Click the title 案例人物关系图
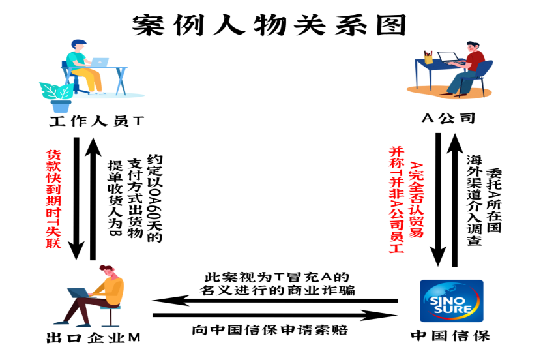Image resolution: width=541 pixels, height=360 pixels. tap(269, 25)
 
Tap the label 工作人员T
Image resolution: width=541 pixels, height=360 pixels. tap(96, 121)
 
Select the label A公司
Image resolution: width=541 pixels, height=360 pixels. tap(448, 119)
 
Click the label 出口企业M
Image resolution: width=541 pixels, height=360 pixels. tap(93, 337)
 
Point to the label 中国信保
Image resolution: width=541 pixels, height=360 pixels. tap(450, 335)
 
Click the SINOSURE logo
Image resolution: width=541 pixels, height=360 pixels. tap(451, 301)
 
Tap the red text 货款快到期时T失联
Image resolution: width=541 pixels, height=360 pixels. tap(53, 199)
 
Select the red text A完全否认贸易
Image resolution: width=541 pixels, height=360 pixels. tap(416, 200)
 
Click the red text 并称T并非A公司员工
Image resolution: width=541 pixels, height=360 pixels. tap(396, 200)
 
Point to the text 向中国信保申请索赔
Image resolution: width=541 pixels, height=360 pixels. tap(270, 330)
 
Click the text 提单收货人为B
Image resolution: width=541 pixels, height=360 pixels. tap(115, 198)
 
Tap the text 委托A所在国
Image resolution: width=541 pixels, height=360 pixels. tap(493, 200)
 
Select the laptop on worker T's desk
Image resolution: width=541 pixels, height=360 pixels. tap(99, 62)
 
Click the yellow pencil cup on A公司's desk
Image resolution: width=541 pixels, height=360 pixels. tap(428, 57)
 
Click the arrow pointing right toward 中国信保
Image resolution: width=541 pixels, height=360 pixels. tap(275, 315)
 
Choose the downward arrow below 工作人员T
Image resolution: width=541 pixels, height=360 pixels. tap(76, 198)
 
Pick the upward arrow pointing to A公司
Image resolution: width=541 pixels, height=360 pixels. tap(455, 200)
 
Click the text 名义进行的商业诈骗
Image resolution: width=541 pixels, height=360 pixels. tap(277, 291)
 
